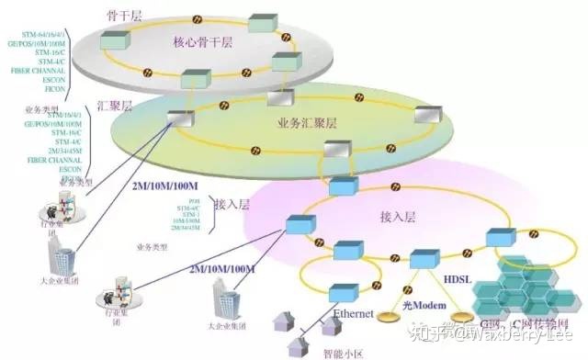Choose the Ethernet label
tap(354, 314)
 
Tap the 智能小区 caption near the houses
tap(334, 349)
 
